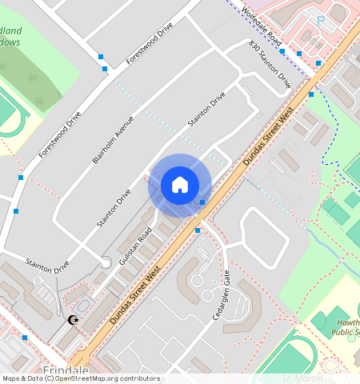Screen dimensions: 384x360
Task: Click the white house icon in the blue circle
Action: [x=180, y=185]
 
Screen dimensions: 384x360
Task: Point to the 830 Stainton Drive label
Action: [x=270, y=64]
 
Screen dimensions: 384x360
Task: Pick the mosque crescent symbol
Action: [x=74, y=320]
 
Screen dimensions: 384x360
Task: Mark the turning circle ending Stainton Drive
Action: [x=106, y=262]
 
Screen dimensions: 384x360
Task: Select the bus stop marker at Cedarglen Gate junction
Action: [x=198, y=230]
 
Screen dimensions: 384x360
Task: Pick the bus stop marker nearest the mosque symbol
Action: [x=25, y=338]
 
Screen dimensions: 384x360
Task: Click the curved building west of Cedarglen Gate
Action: [x=192, y=278]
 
